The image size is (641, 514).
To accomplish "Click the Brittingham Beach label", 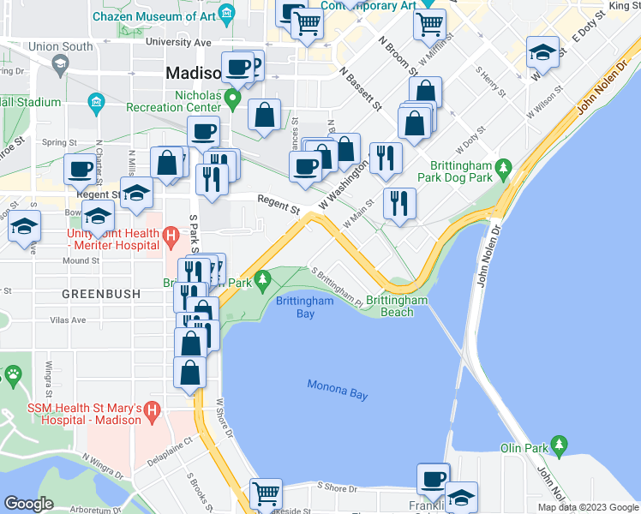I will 397,306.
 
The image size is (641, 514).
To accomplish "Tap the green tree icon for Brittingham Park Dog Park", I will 506,165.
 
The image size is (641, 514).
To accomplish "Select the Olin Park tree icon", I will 560,444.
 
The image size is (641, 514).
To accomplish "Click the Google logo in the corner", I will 29,503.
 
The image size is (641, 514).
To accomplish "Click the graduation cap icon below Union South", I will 59,63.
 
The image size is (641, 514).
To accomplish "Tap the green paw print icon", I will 13,374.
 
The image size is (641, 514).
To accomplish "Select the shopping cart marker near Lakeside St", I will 267,493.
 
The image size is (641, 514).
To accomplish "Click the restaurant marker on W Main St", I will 399,203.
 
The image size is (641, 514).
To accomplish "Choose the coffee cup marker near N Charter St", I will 80,169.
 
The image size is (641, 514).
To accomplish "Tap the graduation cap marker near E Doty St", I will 542,52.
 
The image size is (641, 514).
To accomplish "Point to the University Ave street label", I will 178,41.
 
